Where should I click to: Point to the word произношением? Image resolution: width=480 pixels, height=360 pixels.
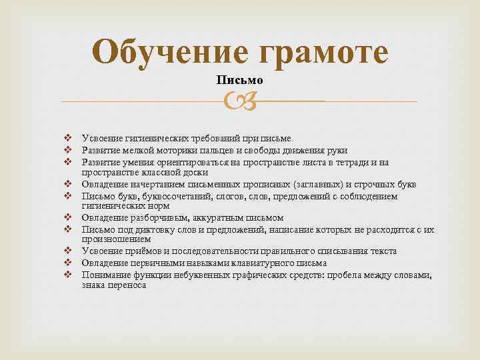click(x=116, y=239)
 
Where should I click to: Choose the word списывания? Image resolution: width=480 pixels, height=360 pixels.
click(x=346, y=251)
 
